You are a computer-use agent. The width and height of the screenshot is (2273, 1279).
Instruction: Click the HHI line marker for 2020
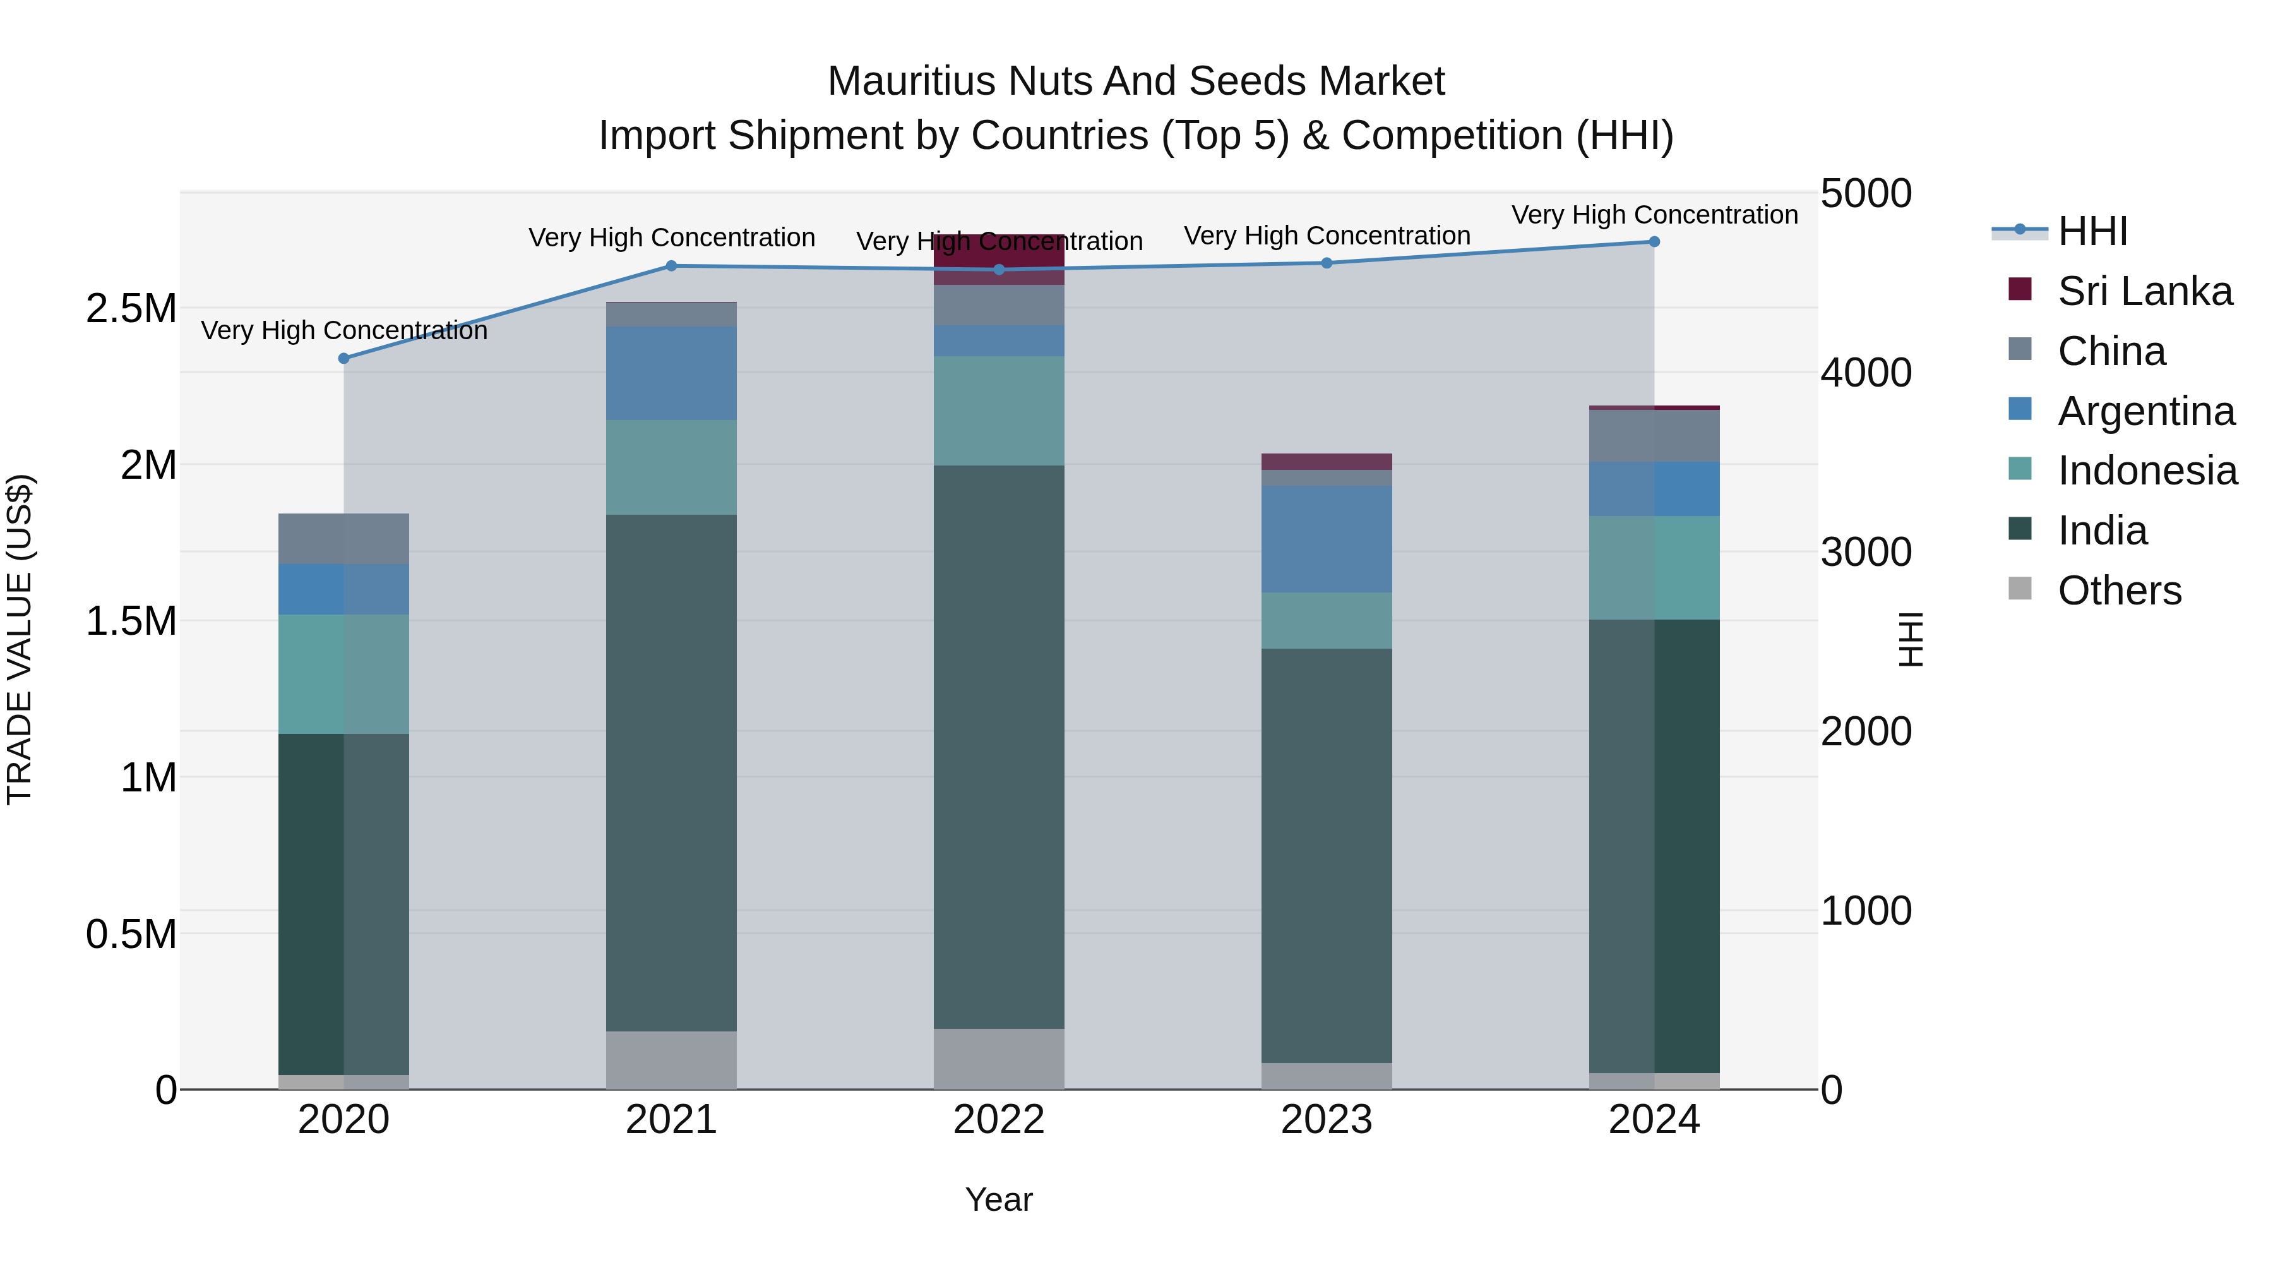[344, 358]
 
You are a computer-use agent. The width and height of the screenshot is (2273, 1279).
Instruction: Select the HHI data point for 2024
[1654, 242]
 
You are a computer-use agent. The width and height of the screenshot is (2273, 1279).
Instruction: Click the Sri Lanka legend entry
[2144, 291]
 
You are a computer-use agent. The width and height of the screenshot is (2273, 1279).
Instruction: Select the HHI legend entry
[2092, 231]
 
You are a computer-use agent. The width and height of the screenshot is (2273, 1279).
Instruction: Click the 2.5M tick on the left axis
[131, 309]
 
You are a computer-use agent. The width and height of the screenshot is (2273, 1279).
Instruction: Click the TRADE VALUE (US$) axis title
[20, 639]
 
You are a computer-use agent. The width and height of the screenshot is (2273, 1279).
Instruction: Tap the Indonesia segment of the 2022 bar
[999, 411]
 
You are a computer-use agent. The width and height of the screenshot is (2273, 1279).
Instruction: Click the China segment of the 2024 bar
[1654, 436]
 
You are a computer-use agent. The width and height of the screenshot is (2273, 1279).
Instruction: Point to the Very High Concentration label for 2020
[344, 331]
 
